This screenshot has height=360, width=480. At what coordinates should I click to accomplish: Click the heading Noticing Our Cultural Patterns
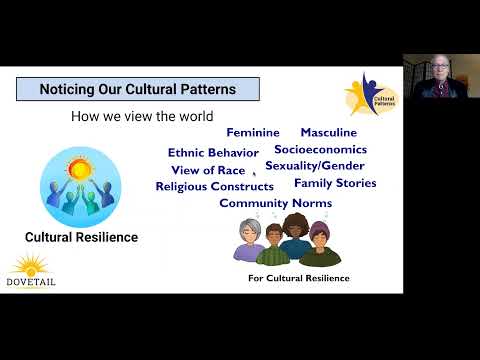click(137, 89)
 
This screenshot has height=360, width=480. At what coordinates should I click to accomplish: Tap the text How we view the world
click(142, 117)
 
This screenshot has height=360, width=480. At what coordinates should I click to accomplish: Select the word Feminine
click(259, 133)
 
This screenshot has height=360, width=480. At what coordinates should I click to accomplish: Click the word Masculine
click(328, 132)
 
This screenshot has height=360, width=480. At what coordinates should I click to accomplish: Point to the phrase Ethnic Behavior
click(213, 153)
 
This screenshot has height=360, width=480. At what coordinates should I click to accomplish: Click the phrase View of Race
click(209, 170)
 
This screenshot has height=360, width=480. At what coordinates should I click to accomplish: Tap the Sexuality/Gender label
click(314, 165)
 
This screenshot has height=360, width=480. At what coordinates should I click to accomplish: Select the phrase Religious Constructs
click(214, 186)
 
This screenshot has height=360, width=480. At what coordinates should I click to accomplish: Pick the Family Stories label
click(335, 183)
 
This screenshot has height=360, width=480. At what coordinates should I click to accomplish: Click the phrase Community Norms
click(275, 203)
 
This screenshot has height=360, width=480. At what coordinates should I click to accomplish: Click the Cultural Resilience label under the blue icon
click(81, 238)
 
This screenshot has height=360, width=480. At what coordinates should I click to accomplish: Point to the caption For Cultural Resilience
click(298, 277)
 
